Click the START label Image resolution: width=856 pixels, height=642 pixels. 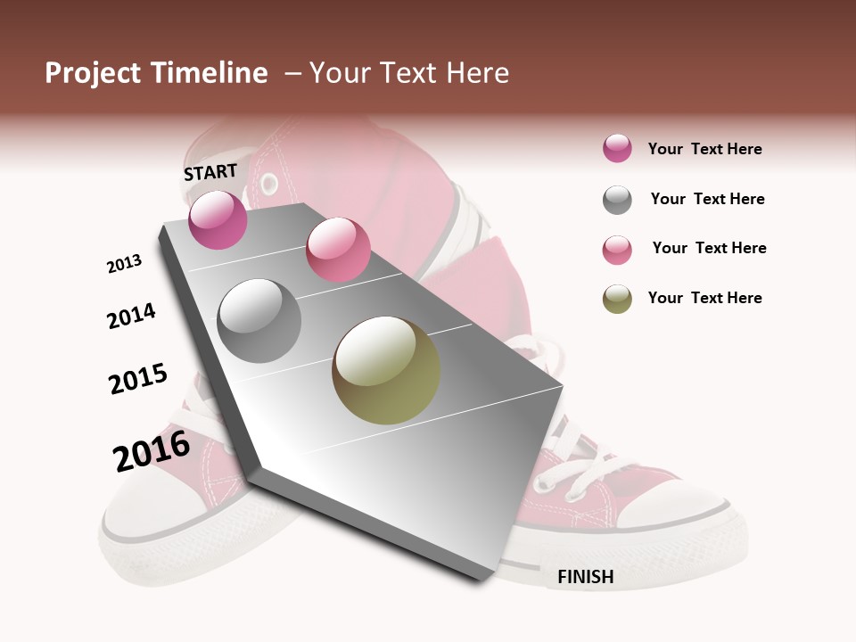[x=210, y=172]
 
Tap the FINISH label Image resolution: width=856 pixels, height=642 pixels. [x=586, y=577]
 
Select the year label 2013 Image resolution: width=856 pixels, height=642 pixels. [x=124, y=264]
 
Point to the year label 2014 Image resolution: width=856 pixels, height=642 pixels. [x=131, y=317]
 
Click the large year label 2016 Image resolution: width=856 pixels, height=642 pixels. [x=152, y=451]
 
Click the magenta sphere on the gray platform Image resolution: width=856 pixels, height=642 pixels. [x=218, y=219]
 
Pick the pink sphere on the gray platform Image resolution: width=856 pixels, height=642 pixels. [x=338, y=250]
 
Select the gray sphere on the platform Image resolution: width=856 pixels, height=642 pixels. [x=259, y=321]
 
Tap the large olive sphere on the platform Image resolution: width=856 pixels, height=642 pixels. [x=386, y=370]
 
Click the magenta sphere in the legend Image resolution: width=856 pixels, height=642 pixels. [x=617, y=149]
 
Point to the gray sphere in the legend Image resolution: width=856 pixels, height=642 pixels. [x=617, y=200]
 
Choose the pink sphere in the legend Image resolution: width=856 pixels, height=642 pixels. [x=617, y=250]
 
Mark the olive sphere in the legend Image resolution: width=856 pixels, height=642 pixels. [x=617, y=299]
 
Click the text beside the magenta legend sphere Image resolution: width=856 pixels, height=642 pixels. [x=704, y=149]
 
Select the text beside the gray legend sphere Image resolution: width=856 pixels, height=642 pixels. [x=707, y=199]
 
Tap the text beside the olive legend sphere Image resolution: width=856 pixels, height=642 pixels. [x=704, y=298]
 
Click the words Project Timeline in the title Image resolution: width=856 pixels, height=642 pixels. [x=156, y=73]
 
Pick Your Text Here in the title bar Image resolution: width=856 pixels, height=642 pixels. [x=409, y=73]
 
